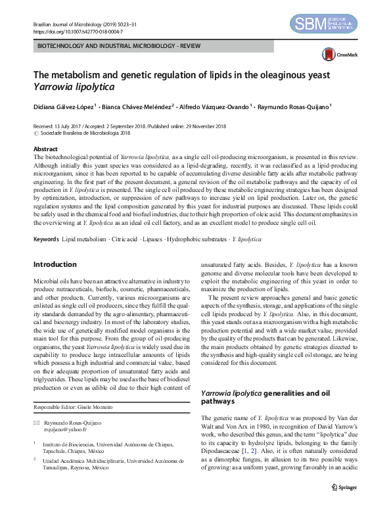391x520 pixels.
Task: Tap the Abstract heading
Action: [45, 150]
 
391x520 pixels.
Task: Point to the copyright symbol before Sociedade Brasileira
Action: [35, 133]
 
